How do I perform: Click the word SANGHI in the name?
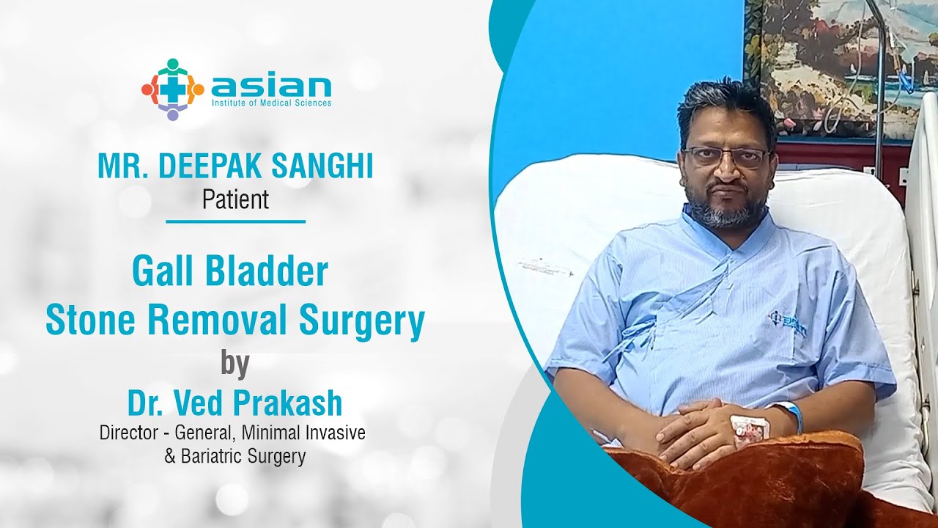[x=322, y=166]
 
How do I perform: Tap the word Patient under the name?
[x=235, y=199]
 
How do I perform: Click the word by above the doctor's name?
[x=235, y=365]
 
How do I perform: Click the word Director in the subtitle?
[x=129, y=433]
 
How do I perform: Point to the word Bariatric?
[x=212, y=456]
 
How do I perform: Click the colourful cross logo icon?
[x=172, y=89]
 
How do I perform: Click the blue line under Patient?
[x=236, y=221]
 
